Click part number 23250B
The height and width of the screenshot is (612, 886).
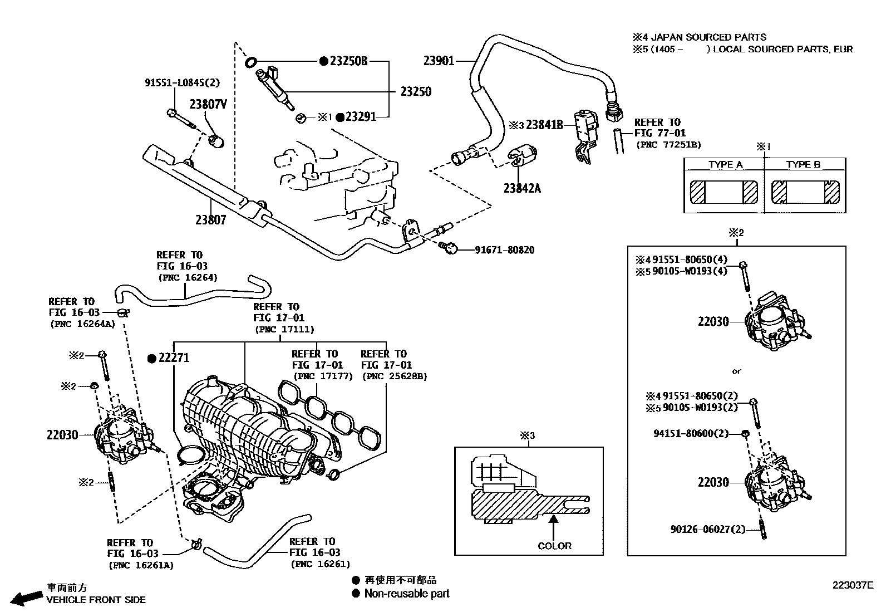[348, 61]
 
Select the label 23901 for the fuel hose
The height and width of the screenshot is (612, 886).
[439, 61]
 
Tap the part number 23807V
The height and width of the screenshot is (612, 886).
[208, 104]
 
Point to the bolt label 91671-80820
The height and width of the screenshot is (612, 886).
[504, 250]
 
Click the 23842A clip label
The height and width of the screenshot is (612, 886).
[521, 188]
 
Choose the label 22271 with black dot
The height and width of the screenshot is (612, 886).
[174, 358]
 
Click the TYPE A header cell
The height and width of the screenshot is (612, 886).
[725, 164]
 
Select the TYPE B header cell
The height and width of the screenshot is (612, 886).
[803, 164]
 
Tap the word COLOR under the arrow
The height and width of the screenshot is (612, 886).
[554, 546]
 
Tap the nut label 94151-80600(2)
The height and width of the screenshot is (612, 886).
[690, 433]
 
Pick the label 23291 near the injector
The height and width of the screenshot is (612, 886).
[361, 117]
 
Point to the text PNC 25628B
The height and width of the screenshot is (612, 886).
[394, 376]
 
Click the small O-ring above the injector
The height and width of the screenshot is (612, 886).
[250, 61]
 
